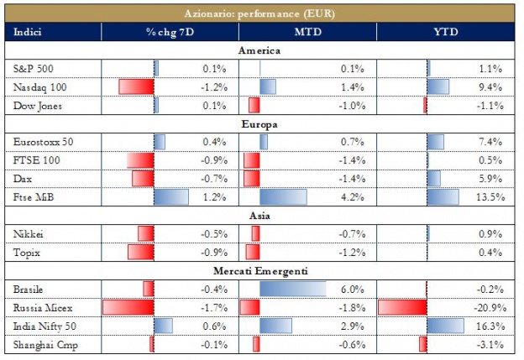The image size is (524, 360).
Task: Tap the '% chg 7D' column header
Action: [170, 32]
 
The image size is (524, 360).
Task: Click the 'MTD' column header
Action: [307, 32]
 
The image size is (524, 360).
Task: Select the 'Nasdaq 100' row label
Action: [38, 87]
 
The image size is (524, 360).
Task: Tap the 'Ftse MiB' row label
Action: [33, 197]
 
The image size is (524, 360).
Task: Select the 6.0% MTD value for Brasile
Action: [354, 289]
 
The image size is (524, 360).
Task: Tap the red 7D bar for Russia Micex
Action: [128, 307]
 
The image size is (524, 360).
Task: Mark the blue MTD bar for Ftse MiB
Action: [284, 197]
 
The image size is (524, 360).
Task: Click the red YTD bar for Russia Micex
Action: [402, 307]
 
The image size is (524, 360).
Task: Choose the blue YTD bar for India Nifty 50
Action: [445, 326]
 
